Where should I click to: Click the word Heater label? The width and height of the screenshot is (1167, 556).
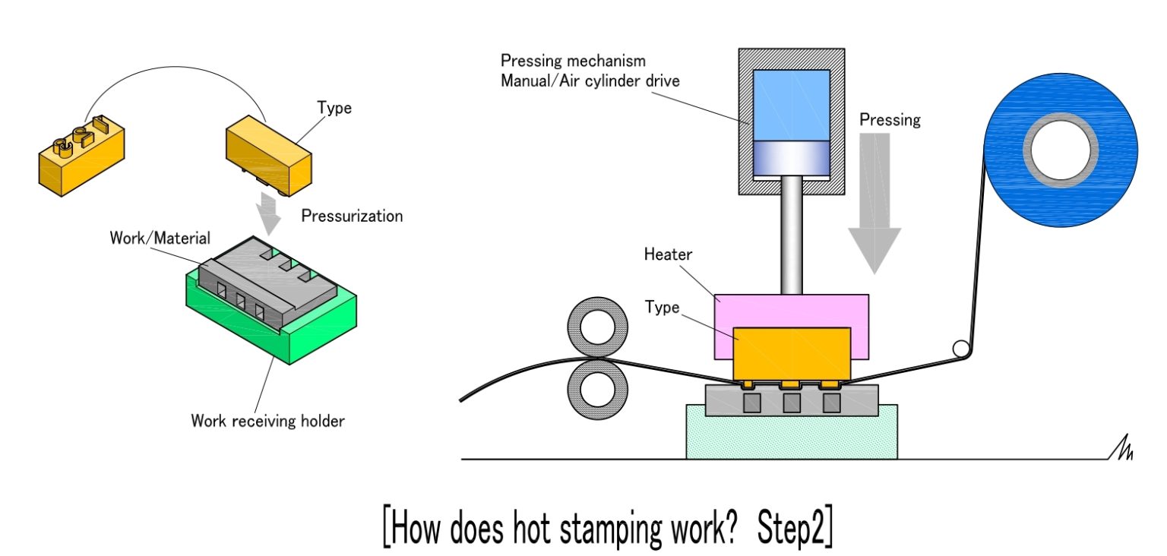point(669,254)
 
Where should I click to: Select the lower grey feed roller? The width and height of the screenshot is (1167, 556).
point(598,387)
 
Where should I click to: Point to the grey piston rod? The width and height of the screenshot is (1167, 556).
point(791,235)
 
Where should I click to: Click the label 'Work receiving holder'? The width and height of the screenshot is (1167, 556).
point(267,420)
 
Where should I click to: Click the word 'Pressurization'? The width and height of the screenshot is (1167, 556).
point(352,216)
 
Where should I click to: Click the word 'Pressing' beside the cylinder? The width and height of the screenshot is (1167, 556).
point(890,119)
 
